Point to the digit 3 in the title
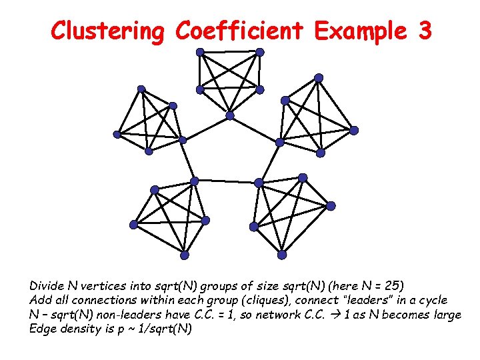(425, 31)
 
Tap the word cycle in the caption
(431, 301)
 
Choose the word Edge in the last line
(42, 328)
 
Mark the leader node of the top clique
(230, 115)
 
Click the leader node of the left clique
(183, 139)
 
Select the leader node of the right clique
(280, 142)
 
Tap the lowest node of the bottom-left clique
(185, 255)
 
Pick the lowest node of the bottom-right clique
(282, 255)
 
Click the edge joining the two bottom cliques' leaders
(227, 181)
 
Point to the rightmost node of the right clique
(354, 129)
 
